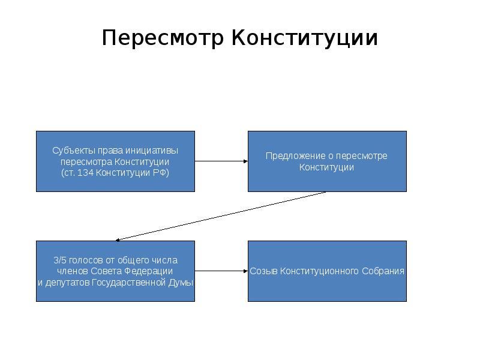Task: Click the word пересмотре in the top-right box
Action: pos(365,156)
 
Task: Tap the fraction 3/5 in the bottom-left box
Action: pos(59,260)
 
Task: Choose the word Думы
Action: pos(182,283)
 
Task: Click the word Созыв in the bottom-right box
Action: pos(263,271)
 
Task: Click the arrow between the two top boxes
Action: pos(221,161)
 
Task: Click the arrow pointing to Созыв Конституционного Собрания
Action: pos(221,271)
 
